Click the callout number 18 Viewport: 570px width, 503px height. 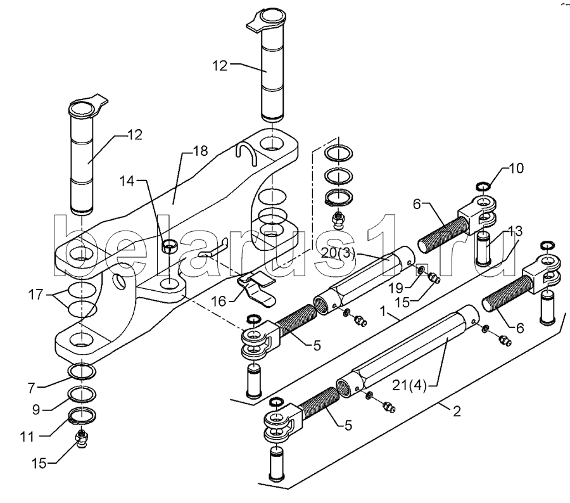pyautogui.click(x=200, y=150)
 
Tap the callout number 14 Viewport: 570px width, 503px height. pyautogui.click(x=127, y=181)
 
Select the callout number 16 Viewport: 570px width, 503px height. pyautogui.click(x=218, y=301)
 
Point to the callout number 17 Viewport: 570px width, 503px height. pyautogui.click(x=35, y=294)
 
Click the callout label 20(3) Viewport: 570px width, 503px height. pyautogui.click(x=338, y=253)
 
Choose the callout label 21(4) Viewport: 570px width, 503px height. pyautogui.click(x=409, y=385)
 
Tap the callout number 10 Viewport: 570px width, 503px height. pyautogui.click(x=516, y=168)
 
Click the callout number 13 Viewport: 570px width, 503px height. pyautogui.click(x=515, y=231)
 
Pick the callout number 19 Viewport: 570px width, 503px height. pyautogui.click(x=396, y=288)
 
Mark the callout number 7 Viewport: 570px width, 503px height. pyautogui.click(x=32, y=388)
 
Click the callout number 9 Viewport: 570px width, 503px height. pyautogui.click(x=35, y=409)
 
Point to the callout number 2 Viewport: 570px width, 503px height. pyautogui.click(x=457, y=411)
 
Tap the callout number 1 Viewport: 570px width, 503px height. pyautogui.click(x=383, y=311)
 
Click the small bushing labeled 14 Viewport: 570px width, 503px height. pyautogui.click(x=169, y=246)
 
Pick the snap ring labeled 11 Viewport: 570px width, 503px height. pyautogui.click(x=82, y=416)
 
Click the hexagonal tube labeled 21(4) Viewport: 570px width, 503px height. pyautogui.click(x=407, y=349)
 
